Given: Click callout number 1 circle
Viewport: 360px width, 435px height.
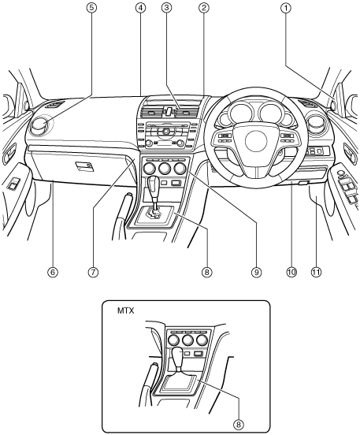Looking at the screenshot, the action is tap(286, 8).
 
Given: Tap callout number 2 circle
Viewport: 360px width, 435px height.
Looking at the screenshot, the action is tap(203, 8).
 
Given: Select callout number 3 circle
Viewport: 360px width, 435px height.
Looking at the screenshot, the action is tap(166, 8).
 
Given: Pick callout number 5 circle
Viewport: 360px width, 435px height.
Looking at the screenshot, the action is tap(91, 8).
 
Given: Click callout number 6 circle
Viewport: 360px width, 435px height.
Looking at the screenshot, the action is tap(53, 272).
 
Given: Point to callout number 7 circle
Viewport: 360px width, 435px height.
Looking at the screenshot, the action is tap(93, 272).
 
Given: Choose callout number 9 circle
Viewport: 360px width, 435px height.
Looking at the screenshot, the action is tap(256, 272).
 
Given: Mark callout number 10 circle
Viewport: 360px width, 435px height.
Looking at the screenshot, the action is tap(291, 272).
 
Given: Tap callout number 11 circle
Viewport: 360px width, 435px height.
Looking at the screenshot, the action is tap(316, 272).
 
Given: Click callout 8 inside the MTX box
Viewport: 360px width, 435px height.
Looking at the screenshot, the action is tap(238, 424).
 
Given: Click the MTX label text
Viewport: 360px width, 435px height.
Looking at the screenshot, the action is tap(125, 310).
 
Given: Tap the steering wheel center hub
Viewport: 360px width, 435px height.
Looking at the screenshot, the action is tap(256, 140).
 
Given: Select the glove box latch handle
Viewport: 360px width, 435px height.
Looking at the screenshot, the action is tap(84, 166).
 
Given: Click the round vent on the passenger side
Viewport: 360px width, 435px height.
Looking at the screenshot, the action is tap(41, 127).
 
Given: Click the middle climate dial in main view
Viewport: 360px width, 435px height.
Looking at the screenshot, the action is tap(165, 168).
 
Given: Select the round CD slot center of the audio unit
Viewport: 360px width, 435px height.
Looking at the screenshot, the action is tap(166, 131).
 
